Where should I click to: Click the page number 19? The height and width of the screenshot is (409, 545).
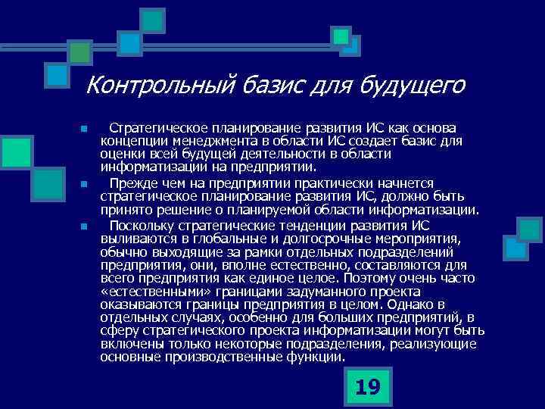point(366,388)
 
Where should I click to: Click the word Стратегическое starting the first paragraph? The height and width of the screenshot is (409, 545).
point(158,126)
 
